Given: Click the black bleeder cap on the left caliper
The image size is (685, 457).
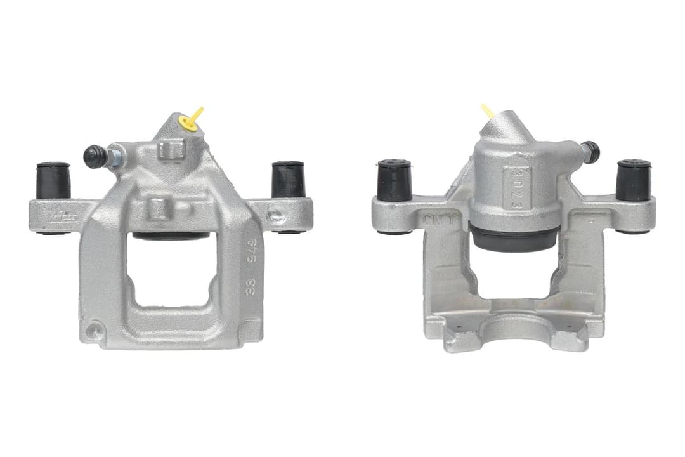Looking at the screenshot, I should (95, 156).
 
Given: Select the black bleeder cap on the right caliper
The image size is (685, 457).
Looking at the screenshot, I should (591, 151).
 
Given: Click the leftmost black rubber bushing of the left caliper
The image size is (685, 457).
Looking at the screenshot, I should (53, 180).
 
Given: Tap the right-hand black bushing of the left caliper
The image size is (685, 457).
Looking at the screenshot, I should (288, 180).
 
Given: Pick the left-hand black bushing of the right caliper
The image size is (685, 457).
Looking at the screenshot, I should (395, 180).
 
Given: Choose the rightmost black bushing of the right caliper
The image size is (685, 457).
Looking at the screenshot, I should (633, 180).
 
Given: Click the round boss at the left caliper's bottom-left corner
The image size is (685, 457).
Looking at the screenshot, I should (95, 329).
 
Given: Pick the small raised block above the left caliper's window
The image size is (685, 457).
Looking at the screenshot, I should (158, 208).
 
